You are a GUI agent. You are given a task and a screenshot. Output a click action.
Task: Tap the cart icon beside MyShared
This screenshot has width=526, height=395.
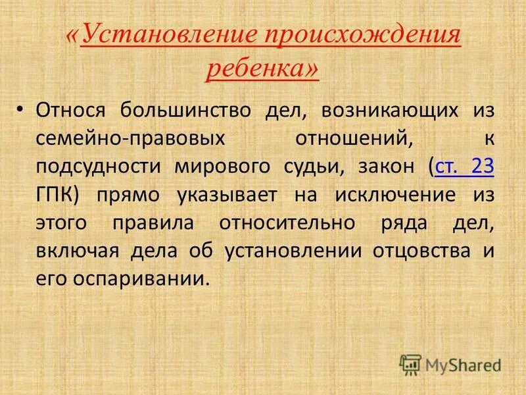coord(410,364)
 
